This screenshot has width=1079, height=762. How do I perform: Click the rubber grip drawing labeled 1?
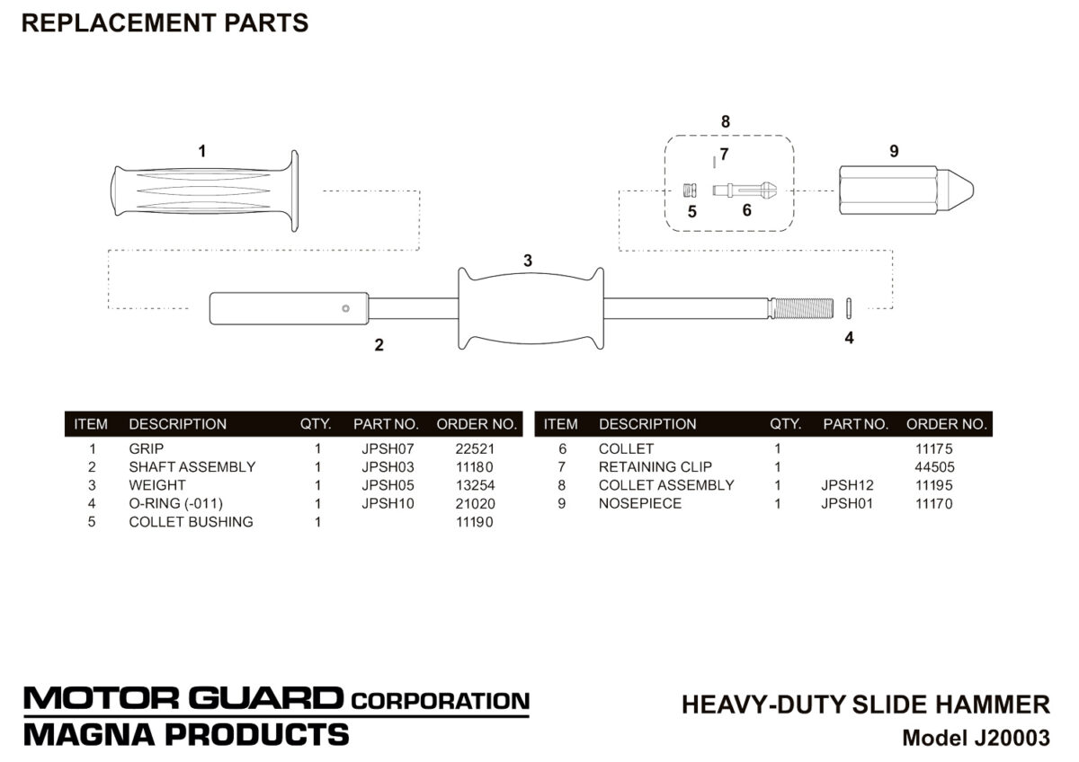(202, 191)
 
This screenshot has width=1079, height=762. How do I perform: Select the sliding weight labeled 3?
(530, 307)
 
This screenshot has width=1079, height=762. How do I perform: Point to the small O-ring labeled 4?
(849, 306)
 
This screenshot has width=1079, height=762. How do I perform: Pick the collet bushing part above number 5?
(691, 190)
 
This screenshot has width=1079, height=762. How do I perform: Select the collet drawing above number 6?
(745, 190)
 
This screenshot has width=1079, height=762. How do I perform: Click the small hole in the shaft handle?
(345, 308)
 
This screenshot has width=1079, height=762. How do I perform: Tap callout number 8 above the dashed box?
(726, 121)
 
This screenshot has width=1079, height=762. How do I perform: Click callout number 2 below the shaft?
(379, 345)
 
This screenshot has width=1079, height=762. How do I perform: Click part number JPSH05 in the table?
(388, 485)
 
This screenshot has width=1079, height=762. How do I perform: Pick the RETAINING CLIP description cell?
(655, 467)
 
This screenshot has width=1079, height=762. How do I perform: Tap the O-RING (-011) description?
(175, 503)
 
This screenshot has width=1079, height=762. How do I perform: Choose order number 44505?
(934, 467)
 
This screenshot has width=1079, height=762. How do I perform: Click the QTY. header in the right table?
(786, 424)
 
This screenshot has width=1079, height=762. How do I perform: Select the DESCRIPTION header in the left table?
(177, 424)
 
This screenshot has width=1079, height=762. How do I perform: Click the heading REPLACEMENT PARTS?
(165, 23)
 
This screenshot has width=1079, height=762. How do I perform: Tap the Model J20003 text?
(976, 739)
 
